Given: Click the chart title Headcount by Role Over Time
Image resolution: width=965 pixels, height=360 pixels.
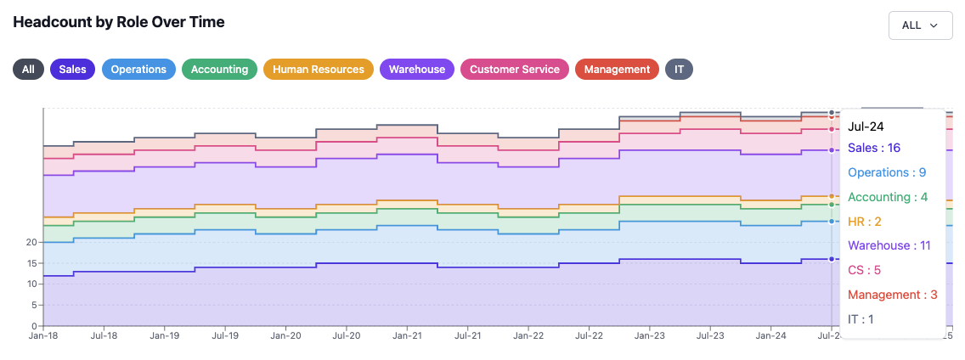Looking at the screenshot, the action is [119, 22].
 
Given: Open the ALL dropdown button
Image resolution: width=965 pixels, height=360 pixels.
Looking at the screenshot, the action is [920, 25].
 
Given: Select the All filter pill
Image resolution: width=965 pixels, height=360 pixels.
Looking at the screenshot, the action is [28, 69].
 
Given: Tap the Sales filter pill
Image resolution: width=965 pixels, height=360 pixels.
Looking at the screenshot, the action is [72, 69].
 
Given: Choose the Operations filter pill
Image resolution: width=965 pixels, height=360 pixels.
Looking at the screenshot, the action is [138, 69].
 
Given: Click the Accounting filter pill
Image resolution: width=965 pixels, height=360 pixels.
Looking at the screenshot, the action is [220, 69].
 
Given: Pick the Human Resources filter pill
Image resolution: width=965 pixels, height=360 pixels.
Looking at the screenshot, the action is [319, 69].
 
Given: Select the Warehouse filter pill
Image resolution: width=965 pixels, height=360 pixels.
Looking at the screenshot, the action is [416, 69].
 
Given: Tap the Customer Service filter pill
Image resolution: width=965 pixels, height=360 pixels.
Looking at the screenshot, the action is [515, 69].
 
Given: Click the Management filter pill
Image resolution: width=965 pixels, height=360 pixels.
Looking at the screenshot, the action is [617, 69].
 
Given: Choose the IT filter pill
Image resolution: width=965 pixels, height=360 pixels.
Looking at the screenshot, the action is [679, 69].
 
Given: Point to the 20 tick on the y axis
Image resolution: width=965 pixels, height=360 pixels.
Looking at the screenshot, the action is [32, 243].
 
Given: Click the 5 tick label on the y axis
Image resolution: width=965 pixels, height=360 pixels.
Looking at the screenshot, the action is [36, 305].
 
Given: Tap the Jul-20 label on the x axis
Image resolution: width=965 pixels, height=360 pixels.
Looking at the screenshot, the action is [346, 336].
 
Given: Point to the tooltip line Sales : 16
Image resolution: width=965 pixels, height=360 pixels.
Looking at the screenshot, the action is [874, 148].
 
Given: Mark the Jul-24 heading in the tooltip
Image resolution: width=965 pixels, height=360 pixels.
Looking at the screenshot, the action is [866, 127].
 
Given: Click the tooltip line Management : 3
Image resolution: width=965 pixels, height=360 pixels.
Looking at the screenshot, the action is [893, 295].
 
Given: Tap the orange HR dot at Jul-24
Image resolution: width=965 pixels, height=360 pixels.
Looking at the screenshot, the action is [832, 196].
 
